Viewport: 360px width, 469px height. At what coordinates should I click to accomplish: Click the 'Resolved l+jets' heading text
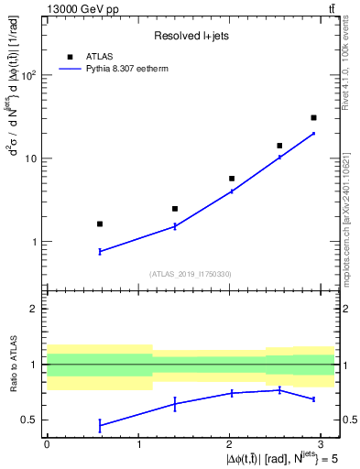tap(191, 36)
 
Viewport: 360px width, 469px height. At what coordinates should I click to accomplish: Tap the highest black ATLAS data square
tap(313, 117)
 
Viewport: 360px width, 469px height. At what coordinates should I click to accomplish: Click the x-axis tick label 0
tap(47, 443)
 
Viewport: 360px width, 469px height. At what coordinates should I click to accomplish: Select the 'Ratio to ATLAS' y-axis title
tap(12, 365)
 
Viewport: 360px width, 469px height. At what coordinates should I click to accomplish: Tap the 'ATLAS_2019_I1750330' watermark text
tap(191, 273)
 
